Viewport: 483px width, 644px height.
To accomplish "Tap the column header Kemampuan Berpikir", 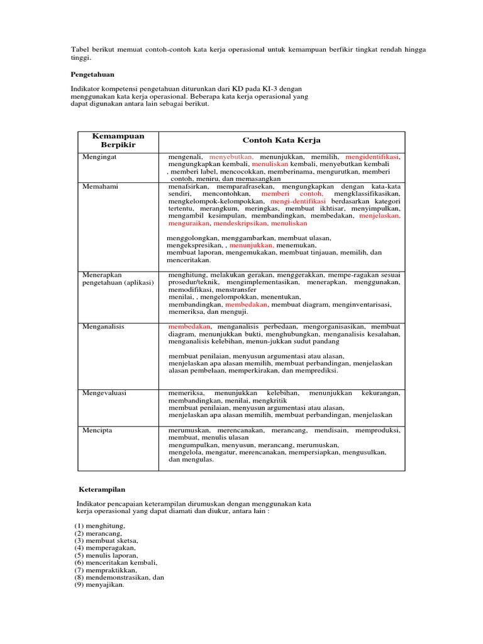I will [118, 141].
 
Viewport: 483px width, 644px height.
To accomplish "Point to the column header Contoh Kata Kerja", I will [281, 140].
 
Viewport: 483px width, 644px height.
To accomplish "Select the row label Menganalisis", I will [103, 327].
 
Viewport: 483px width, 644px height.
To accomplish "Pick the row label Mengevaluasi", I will [104, 392].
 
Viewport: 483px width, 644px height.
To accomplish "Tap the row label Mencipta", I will [97, 430].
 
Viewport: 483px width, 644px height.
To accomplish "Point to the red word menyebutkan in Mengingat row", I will [231, 156].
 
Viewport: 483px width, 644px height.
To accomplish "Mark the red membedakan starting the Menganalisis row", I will [191, 327].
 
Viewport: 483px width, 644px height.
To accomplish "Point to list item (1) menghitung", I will [100, 525].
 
